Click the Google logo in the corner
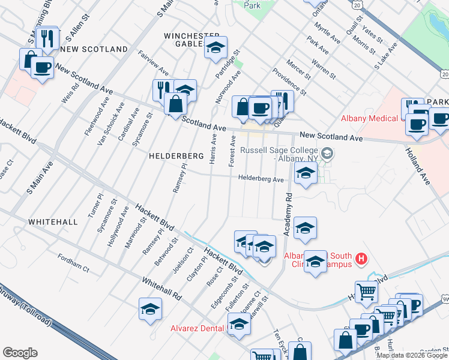[x=20, y=353]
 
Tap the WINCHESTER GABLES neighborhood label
[x=188, y=40]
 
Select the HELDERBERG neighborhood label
[x=176, y=156]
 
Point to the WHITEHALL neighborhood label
[x=52, y=222]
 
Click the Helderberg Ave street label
[x=261, y=178]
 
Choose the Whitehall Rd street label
[x=161, y=289]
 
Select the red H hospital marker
[x=361, y=259]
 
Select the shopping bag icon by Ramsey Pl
[x=175, y=103]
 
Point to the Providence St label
[x=289, y=82]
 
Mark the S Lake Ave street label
[x=387, y=55]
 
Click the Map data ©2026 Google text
[x=411, y=355]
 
